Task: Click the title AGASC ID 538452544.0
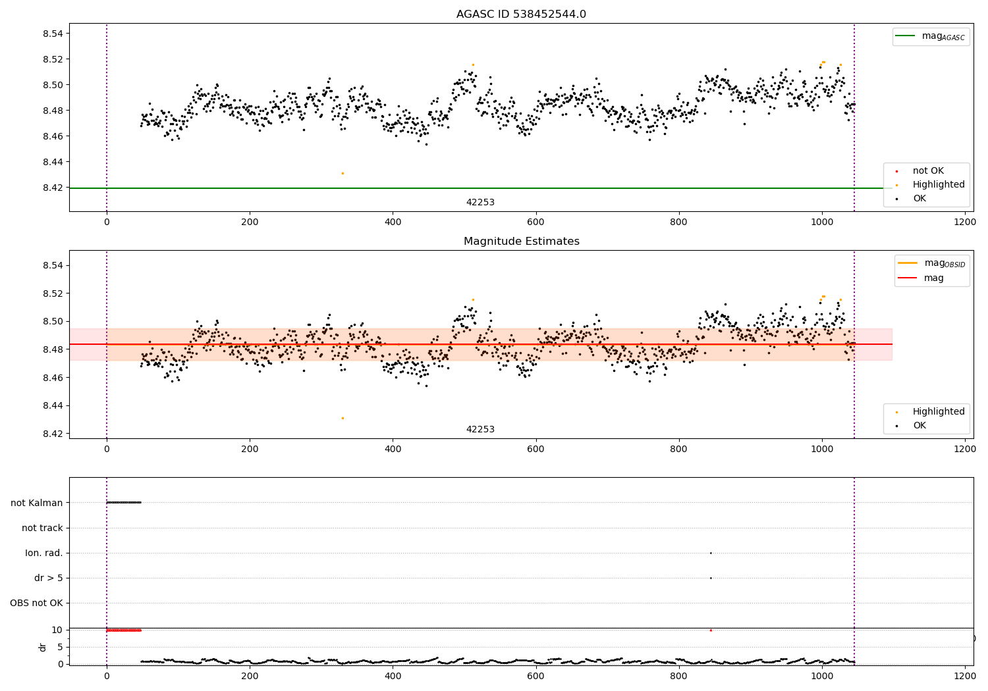coord(521,14)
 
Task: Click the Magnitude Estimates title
coord(521,242)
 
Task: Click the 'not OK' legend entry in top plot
coord(927,171)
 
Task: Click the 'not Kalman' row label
coord(37,503)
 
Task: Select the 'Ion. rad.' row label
coord(44,553)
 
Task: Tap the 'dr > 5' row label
coord(49,578)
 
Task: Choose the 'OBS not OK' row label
coord(37,603)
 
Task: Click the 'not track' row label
coord(42,528)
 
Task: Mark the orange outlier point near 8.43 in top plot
coord(343,173)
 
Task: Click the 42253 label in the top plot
coord(480,203)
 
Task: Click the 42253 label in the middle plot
coord(480,430)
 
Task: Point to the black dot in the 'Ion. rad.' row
coord(711,553)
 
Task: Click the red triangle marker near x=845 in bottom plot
coord(711,630)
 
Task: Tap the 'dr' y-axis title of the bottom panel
coord(43,647)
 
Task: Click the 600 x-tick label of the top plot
coord(535,222)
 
